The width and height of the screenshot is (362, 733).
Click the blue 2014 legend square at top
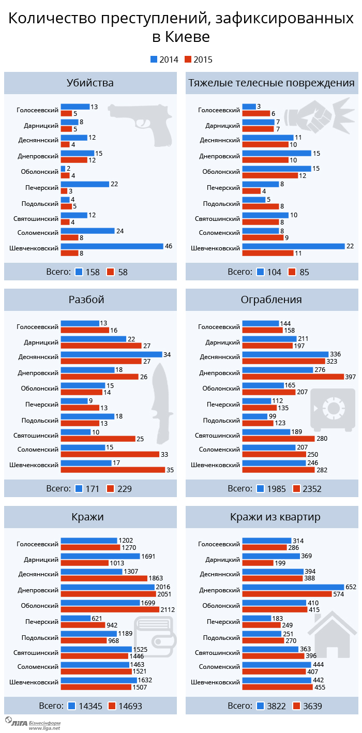click(x=154, y=59)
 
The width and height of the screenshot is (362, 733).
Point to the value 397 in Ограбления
click(x=351, y=377)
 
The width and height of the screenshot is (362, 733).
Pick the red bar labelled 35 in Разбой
click(x=112, y=470)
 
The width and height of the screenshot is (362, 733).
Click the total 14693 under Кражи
click(x=130, y=706)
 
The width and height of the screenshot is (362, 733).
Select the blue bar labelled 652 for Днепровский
click(x=293, y=587)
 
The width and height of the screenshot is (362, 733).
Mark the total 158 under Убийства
click(x=93, y=272)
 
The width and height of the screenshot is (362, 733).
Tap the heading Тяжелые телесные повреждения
click(x=271, y=83)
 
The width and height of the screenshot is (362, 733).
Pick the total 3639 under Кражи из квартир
click(x=312, y=706)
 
